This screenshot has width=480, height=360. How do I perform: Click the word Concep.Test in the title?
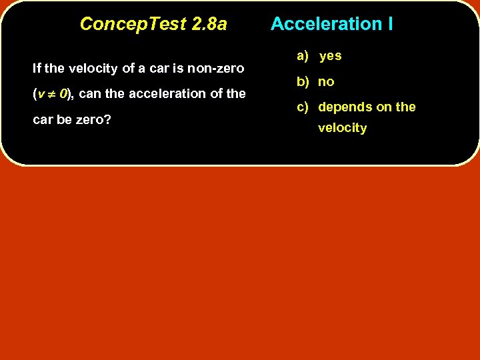tap(133, 24)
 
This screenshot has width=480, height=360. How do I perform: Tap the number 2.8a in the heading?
tap(209, 24)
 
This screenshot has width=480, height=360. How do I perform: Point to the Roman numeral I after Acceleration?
tap(389, 24)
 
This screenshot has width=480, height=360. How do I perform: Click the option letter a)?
tap(303, 56)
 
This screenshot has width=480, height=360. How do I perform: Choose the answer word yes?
tap(330, 56)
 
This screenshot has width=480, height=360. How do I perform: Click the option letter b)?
tap(303, 82)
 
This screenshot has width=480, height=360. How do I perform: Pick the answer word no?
tap(326, 82)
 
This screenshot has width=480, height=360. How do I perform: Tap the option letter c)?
tap(303, 107)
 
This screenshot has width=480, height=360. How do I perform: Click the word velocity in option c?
tap(342, 128)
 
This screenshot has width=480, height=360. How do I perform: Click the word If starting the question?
tap(37, 69)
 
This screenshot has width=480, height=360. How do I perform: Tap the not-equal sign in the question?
tap(51, 94)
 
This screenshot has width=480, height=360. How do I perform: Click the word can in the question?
tap(91, 94)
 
